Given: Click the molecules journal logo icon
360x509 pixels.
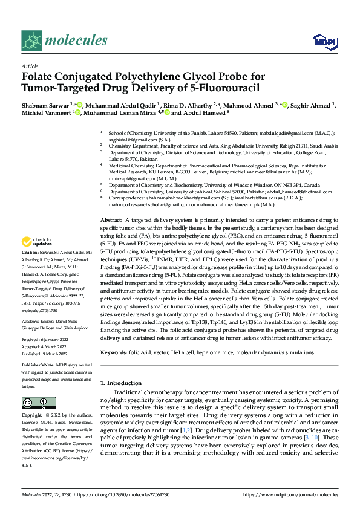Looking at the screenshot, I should [x=31, y=41].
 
